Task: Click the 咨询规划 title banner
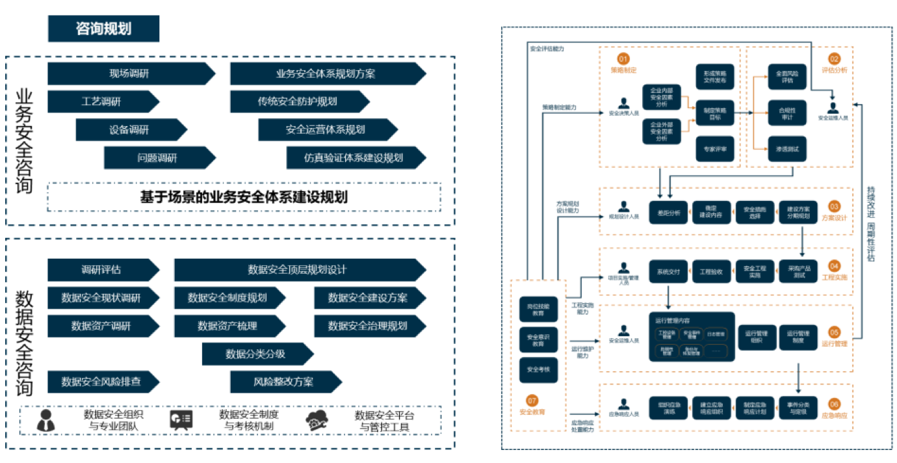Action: [103, 29]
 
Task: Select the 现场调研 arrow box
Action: [129, 73]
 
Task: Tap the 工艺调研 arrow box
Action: [101, 101]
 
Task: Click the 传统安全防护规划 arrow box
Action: [298, 101]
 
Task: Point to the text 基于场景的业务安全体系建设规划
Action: [244, 197]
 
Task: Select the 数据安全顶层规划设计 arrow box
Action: [298, 269]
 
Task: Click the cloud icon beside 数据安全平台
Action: [317, 421]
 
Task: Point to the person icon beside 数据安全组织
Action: [46, 421]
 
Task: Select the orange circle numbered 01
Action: [623, 58]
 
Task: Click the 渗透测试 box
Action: [787, 149]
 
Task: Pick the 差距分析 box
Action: [668, 213]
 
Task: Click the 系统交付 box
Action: [668, 272]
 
